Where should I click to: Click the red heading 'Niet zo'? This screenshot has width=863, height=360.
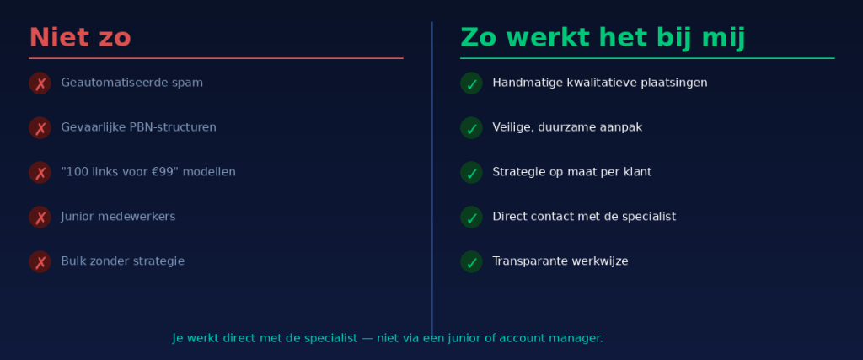(80, 38)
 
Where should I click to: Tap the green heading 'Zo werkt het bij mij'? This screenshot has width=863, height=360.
(603, 38)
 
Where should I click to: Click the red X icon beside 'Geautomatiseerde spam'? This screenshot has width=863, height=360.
(40, 83)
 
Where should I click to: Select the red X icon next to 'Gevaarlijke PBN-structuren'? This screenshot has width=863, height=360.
(40, 128)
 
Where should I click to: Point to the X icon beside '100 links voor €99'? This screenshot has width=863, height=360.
(40, 173)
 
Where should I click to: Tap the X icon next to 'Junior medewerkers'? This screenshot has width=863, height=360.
(40, 218)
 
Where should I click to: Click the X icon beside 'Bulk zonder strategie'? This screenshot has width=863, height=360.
(40, 262)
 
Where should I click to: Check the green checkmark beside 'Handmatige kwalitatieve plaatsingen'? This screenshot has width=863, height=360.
(471, 83)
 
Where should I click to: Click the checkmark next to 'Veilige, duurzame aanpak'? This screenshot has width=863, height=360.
(471, 128)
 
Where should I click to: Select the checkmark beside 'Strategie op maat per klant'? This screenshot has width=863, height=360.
(471, 173)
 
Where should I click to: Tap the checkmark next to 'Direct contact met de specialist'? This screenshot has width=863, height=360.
(471, 218)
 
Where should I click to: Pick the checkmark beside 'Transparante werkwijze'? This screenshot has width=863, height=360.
(471, 262)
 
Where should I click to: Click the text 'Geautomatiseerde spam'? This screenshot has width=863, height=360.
(131, 83)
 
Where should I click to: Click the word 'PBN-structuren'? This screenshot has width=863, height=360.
(173, 127)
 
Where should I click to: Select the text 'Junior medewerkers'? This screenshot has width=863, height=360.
(118, 217)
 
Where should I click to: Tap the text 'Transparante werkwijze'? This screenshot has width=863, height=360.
(560, 261)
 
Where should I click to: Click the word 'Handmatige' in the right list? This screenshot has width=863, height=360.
(524, 83)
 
